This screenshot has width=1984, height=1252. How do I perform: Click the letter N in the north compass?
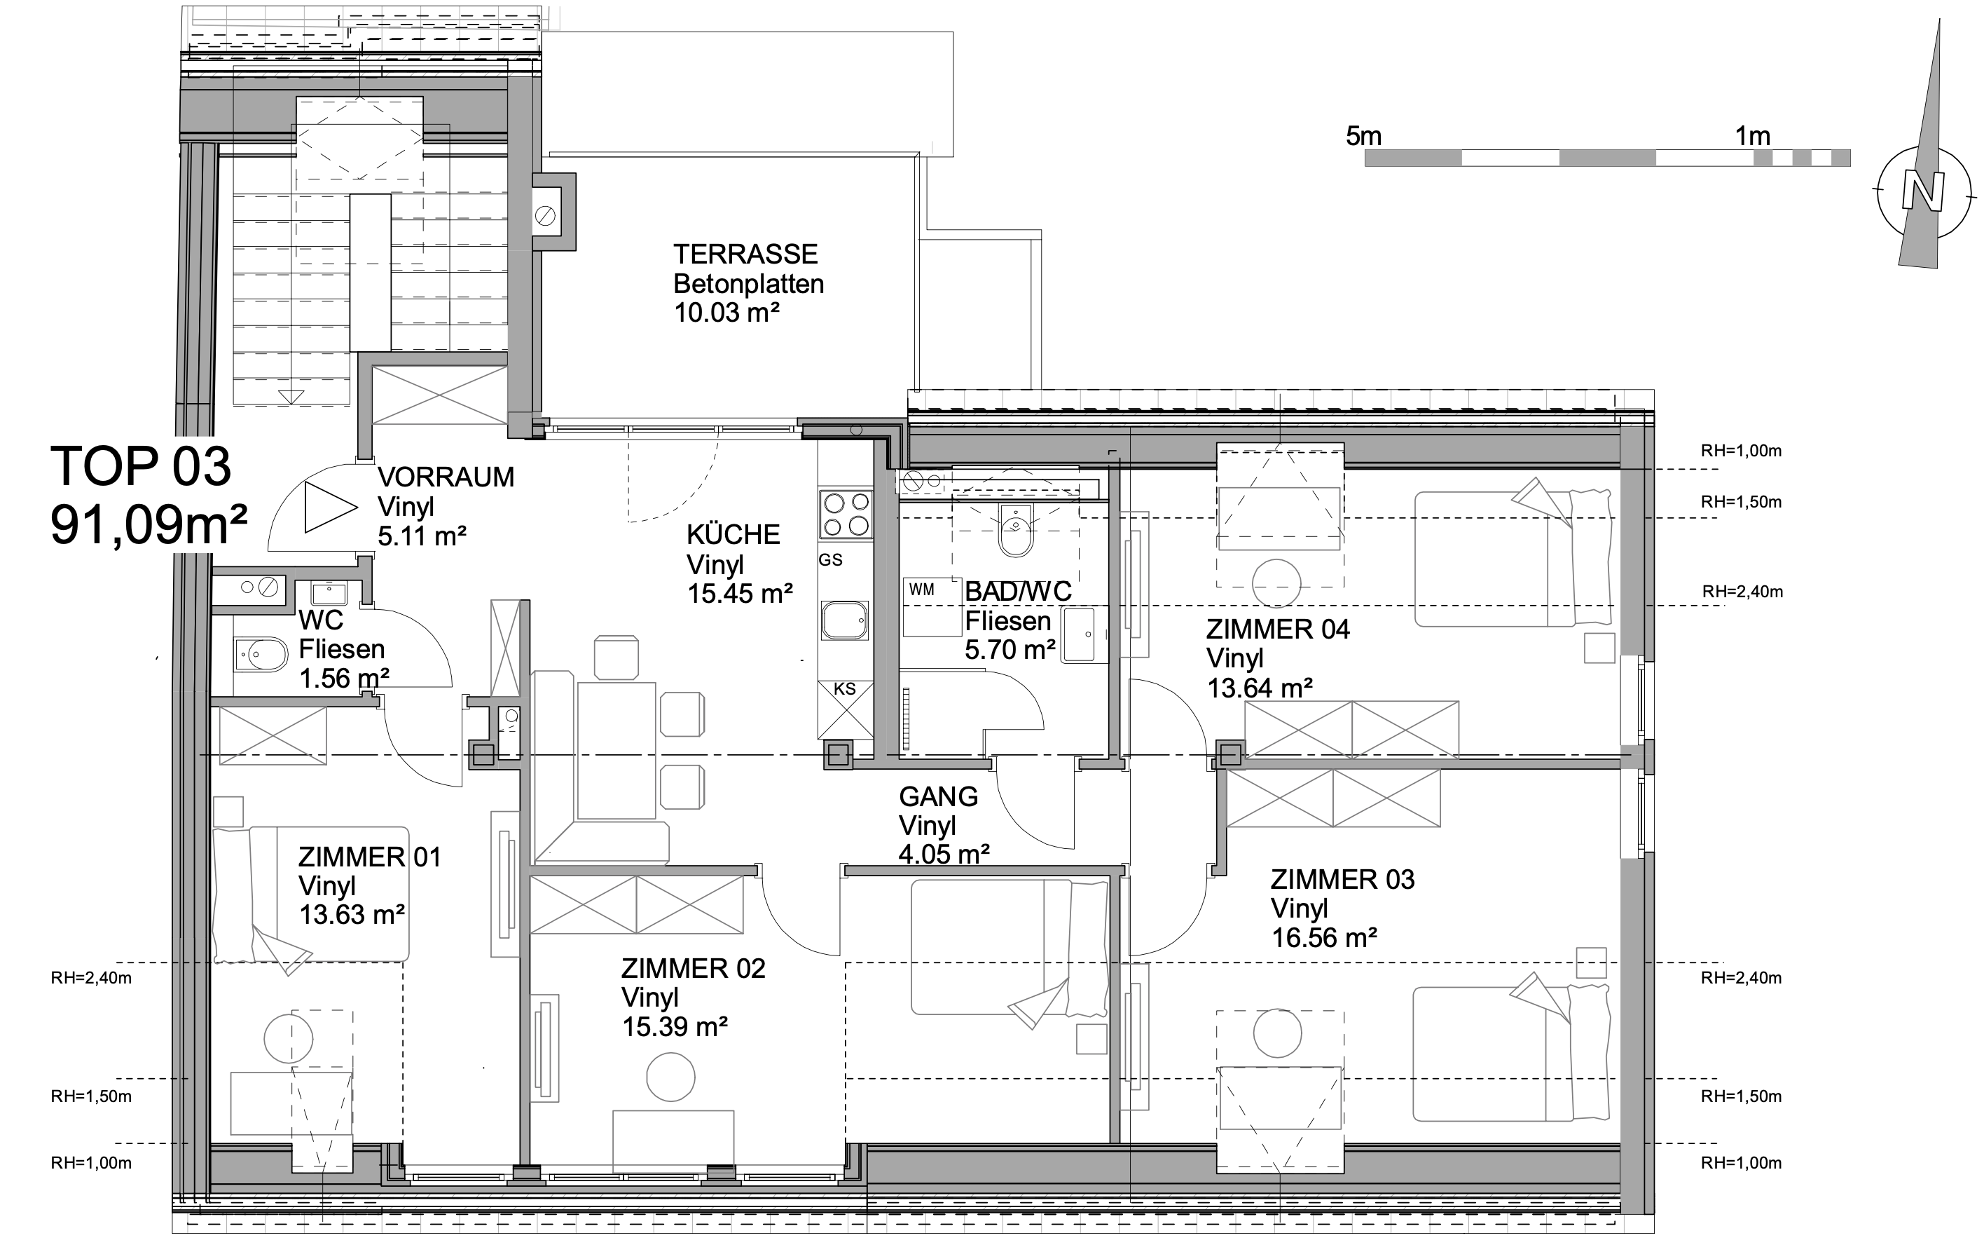point(1923,193)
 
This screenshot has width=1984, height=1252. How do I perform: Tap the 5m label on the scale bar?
point(1363,136)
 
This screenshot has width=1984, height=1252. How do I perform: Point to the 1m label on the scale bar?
point(1753,136)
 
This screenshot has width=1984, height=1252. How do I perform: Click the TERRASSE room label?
point(745,254)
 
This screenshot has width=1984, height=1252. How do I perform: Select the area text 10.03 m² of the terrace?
point(726,313)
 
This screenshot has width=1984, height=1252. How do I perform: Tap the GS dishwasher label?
point(830,559)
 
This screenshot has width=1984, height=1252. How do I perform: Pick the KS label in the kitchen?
point(844,689)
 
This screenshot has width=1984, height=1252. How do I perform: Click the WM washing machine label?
point(922,590)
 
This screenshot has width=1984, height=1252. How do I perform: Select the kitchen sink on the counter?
point(844,620)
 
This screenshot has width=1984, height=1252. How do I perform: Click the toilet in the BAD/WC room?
point(1015,531)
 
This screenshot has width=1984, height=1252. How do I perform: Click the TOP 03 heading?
point(141,465)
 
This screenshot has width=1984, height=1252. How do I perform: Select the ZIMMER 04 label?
point(1278,630)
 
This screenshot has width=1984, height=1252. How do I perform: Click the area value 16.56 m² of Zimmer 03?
point(1324,938)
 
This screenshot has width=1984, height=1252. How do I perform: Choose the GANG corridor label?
point(939,797)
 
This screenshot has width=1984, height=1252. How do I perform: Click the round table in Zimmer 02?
point(670,1077)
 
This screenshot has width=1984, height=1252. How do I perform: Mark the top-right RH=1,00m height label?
point(1742,451)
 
